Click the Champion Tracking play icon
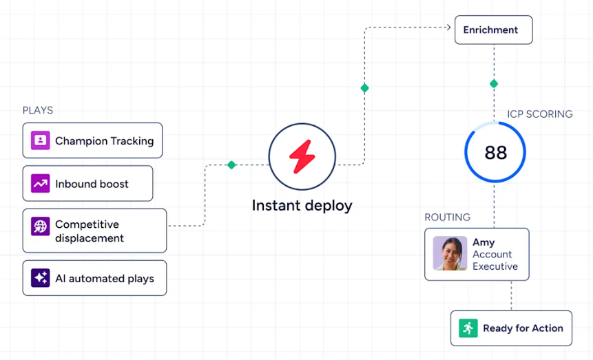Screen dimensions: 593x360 click(40, 140)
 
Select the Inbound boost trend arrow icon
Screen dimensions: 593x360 click(40, 183)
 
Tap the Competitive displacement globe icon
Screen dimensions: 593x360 click(40, 226)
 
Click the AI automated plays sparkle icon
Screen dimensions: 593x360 click(40, 278)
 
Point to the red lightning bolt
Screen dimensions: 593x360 click(302, 156)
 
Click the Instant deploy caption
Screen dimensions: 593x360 click(302, 206)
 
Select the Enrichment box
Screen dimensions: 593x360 click(494, 30)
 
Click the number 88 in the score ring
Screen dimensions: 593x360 click(495, 152)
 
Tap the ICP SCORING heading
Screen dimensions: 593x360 click(540, 114)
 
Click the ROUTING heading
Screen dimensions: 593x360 click(448, 218)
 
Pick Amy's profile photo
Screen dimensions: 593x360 click(450, 253)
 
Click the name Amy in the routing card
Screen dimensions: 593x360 click(483, 242)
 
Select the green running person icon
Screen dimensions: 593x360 click(468, 328)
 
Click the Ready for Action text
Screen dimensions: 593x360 click(523, 328)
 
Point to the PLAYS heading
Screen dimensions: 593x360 click(38, 110)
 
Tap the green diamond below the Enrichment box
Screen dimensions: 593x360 click(494, 83)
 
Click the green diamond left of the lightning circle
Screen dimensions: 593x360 click(231, 165)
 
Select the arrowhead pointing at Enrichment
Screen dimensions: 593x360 click(448, 28)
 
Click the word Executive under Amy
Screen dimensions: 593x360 click(495, 266)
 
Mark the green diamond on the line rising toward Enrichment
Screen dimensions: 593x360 click(364, 88)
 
